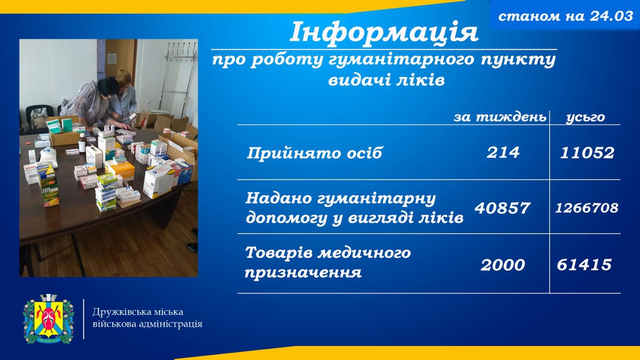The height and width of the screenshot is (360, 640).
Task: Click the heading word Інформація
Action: pos(384,32)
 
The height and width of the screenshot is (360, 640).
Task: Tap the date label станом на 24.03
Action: pos(566,16)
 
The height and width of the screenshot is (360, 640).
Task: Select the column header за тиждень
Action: pos(500,117)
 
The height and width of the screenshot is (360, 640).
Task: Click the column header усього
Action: pos(585,118)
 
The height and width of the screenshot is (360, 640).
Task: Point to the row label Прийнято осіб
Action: pos(314,153)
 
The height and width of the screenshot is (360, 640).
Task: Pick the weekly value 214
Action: pos(503,152)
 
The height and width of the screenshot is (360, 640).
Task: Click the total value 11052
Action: pos(587,152)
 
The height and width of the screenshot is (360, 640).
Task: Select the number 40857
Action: pos(503,208)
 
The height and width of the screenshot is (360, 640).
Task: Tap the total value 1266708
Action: pos(587,208)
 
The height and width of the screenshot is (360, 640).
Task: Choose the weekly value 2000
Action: pos(503,265)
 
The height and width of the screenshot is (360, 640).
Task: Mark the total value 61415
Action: pos(584,265)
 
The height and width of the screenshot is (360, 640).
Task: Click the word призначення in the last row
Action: pos(303,272)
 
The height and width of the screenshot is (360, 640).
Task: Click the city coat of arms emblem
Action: pos(49,319)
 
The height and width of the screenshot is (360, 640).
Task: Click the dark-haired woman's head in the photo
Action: pos(108,86)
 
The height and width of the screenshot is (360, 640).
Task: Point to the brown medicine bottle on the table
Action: pos(82,143)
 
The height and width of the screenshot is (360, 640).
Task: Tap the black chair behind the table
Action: pos(40,116)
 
